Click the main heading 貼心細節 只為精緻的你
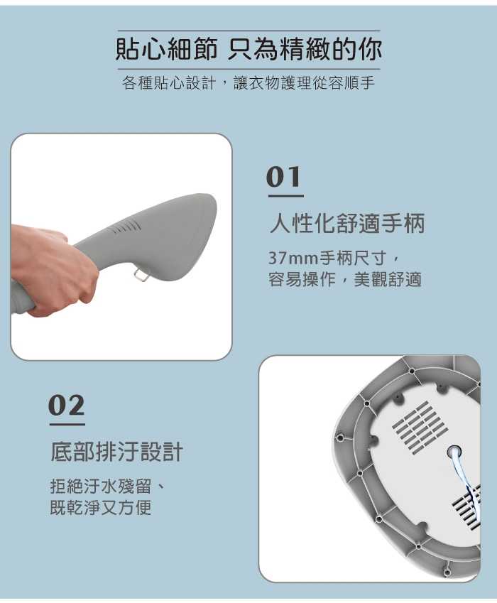tap(248, 49)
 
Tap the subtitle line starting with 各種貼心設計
tap(248, 84)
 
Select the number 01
tap(284, 178)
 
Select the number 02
tap(67, 406)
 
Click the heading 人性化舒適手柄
tap(346, 224)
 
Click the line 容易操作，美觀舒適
tap(345, 279)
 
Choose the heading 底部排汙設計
tap(117, 451)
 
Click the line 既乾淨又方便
tap(100, 508)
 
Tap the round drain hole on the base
tap(454, 452)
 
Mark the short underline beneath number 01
tap(285, 195)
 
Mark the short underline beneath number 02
tap(67, 424)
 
